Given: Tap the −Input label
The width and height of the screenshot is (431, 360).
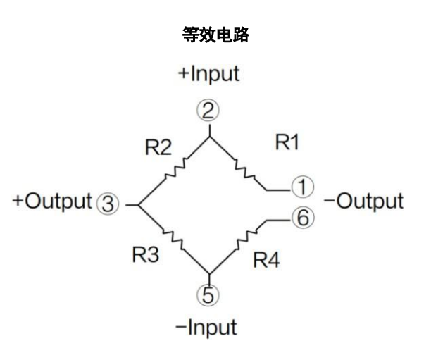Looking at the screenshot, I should pyautogui.click(x=210, y=327).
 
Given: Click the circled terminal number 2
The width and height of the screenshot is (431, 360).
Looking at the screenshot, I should pyautogui.click(x=210, y=110).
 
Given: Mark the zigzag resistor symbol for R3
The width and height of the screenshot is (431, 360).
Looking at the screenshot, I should pyautogui.click(x=173, y=240).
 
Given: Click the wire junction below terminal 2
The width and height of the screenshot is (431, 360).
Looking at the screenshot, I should pyautogui.click(x=210, y=135).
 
